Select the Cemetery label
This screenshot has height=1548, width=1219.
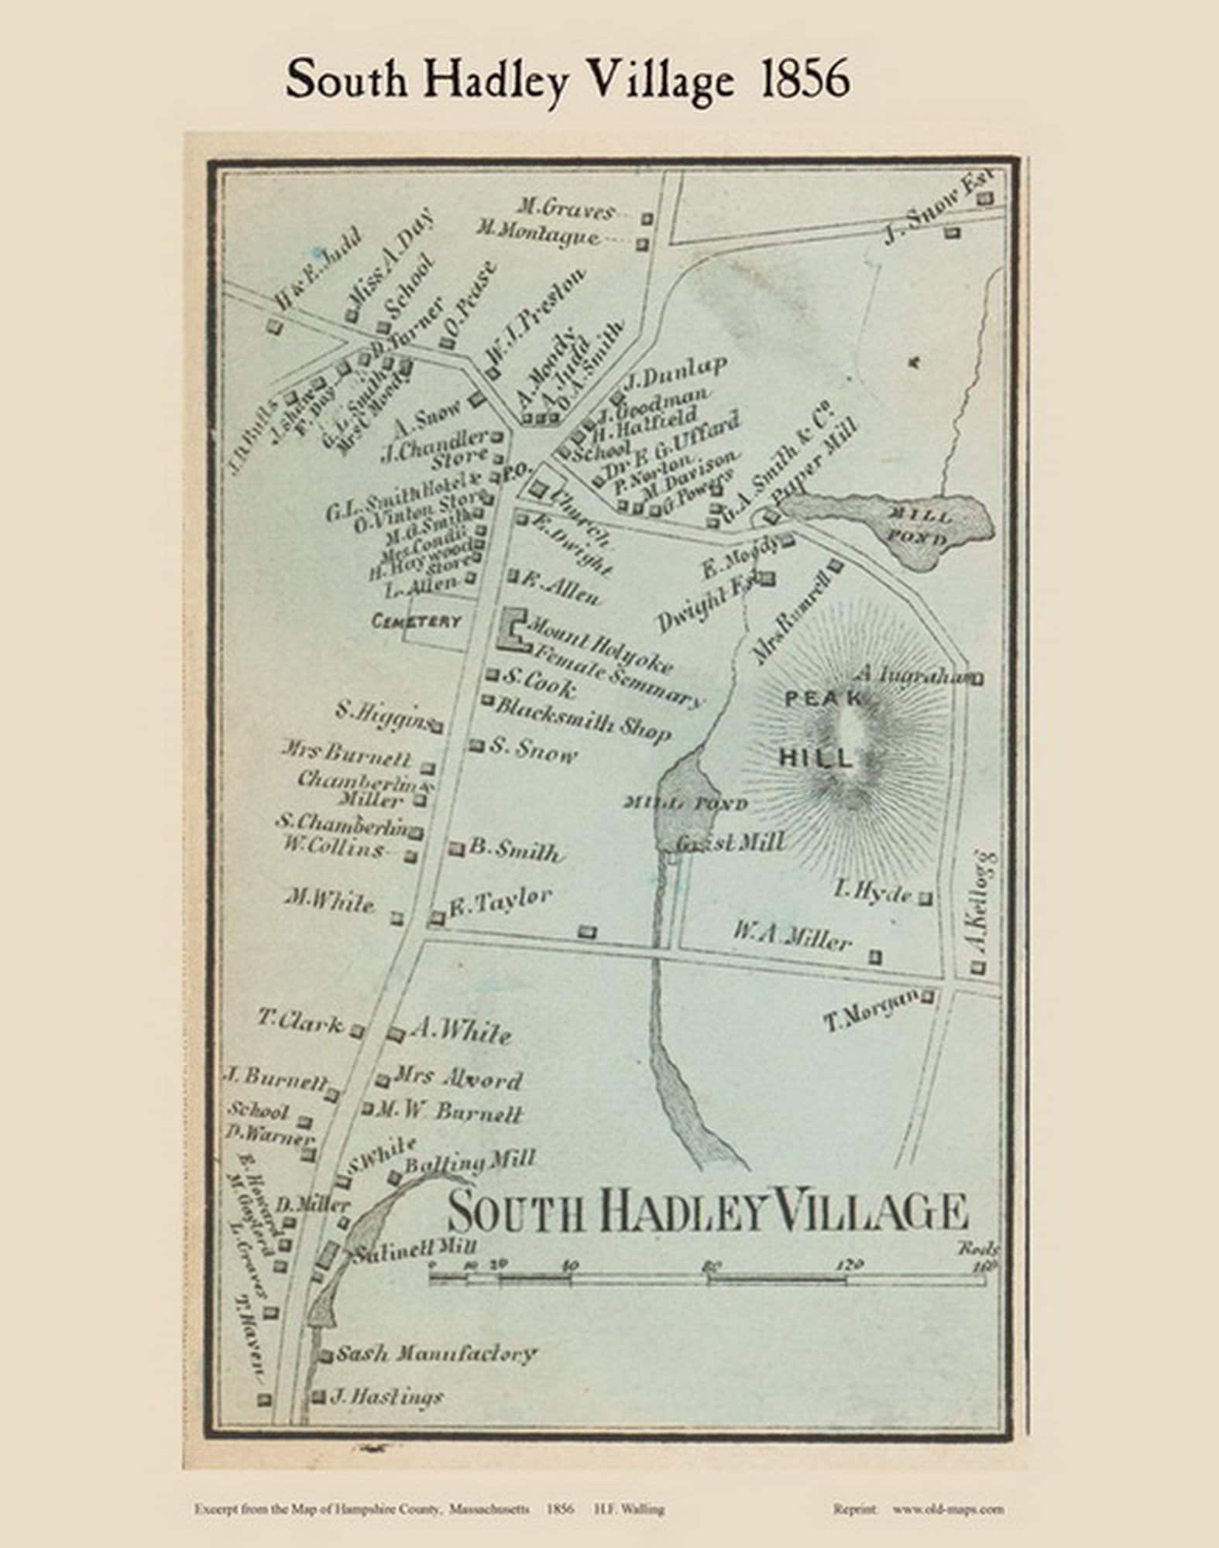[417, 621]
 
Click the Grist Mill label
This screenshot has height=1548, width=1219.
[730, 843]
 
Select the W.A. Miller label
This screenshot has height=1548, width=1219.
[791, 940]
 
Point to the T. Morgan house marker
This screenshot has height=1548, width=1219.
[926, 997]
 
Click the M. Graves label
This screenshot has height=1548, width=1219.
[566, 210]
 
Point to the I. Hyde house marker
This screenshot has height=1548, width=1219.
[925, 899]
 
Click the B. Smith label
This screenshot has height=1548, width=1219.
[514, 851]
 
